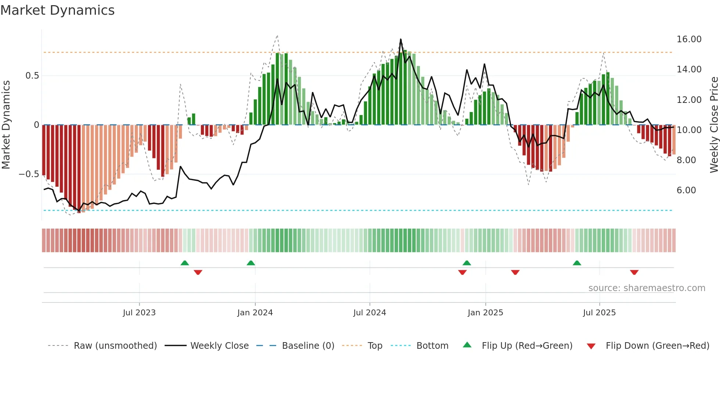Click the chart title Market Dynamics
pyautogui.click(x=57, y=10)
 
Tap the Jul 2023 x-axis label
pyautogui.click(x=139, y=313)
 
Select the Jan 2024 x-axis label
pyautogui.click(x=255, y=313)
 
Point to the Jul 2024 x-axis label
pyautogui.click(x=370, y=313)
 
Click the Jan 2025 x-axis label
pyautogui.click(x=485, y=313)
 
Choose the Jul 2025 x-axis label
pyautogui.click(x=599, y=313)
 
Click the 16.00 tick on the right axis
pyautogui.click(x=689, y=39)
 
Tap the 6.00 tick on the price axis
pyautogui.click(x=686, y=190)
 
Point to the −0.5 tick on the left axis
pyautogui.click(x=29, y=174)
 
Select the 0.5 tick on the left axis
pyautogui.click(x=32, y=76)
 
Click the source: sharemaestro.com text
pyautogui.click(x=647, y=288)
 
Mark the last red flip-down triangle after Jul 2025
pyautogui.click(x=634, y=272)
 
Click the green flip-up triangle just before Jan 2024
pyautogui.click(x=251, y=263)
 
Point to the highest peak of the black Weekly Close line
pyautogui.click(x=401, y=39)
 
